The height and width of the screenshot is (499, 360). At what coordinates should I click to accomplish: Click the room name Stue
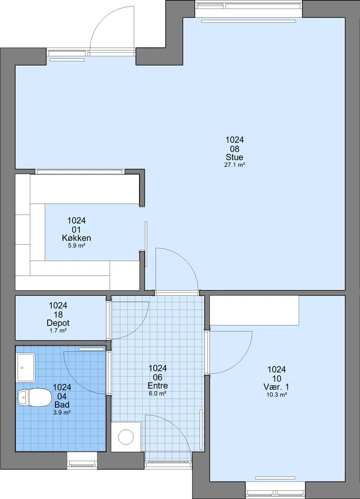[x=234, y=157]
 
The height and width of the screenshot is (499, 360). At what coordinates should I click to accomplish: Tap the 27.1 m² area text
[x=234, y=165]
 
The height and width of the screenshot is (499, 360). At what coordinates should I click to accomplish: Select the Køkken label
[x=76, y=238]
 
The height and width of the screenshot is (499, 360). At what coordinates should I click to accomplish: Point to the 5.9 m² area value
[x=76, y=246]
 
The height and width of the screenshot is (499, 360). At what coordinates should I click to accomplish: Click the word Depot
[x=58, y=323]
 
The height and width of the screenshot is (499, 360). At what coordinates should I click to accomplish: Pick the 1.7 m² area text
[x=58, y=331]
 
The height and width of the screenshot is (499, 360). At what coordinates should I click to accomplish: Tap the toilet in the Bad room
[x=34, y=397]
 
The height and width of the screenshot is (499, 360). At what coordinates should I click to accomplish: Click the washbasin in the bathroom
[x=26, y=368]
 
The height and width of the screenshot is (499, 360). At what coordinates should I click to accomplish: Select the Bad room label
[x=62, y=405]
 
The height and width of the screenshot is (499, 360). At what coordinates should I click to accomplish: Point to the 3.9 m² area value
[x=62, y=413]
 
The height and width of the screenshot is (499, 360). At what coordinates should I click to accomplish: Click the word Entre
[x=157, y=386]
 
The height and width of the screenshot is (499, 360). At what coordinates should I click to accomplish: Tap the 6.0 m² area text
[x=157, y=393]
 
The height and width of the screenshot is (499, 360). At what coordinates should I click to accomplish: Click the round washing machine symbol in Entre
[x=126, y=436]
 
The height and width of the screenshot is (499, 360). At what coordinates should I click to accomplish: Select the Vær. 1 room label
[x=276, y=387]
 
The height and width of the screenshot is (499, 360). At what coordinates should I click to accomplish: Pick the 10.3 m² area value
[x=277, y=395]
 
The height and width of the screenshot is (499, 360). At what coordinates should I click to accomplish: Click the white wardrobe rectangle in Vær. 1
[x=254, y=310]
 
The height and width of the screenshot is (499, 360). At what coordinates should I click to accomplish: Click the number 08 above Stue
[x=234, y=148]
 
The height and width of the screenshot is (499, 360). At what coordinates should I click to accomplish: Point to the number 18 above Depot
[x=58, y=315]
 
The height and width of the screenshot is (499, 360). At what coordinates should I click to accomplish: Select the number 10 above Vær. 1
[x=277, y=378]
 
